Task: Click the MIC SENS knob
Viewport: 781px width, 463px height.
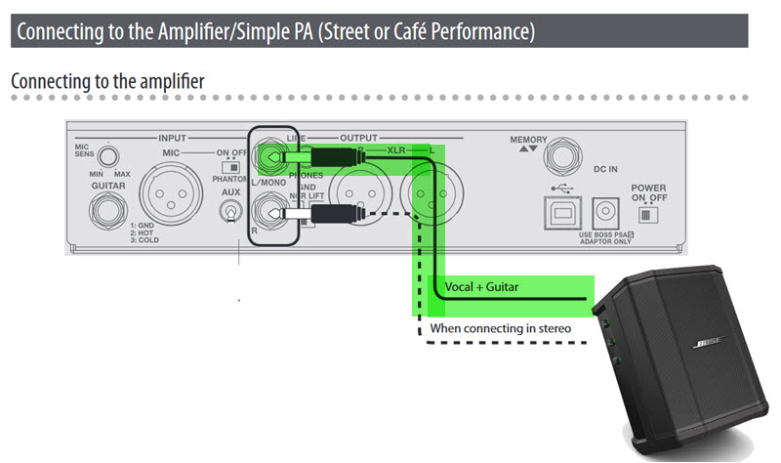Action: pyautogui.click(x=112, y=154)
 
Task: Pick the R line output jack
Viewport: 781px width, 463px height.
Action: pyautogui.click(x=267, y=209)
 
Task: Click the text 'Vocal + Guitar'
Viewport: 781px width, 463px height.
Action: pyautogui.click(x=482, y=286)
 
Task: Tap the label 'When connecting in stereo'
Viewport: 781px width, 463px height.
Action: pyautogui.click(x=501, y=328)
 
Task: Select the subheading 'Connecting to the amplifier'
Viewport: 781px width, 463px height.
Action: pyautogui.click(x=107, y=81)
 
